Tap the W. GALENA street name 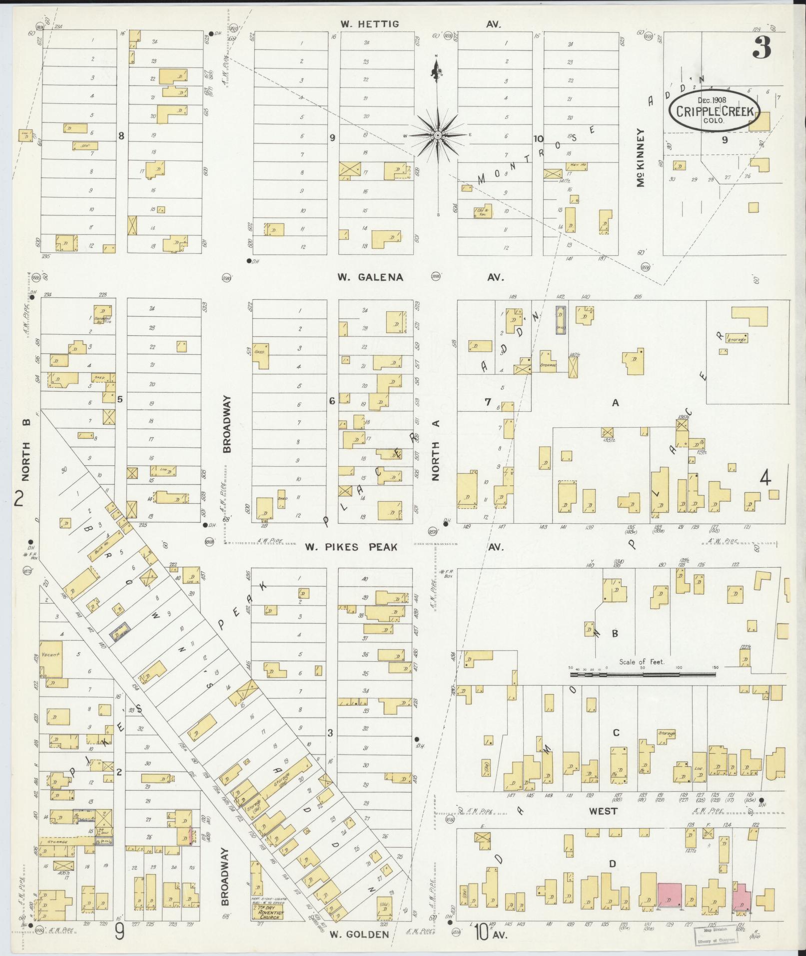tap(370, 277)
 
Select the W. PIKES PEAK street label tap(351, 547)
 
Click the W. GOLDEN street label tap(359, 934)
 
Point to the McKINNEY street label tap(641, 158)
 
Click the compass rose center tap(438, 135)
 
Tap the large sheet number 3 tap(761, 48)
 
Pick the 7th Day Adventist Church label tap(267, 914)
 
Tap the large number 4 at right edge tap(765, 479)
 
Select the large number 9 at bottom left tap(120, 932)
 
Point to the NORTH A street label tap(436, 450)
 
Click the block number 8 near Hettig tap(120, 135)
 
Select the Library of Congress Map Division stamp tap(714, 934)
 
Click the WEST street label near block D tap(603, 811)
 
